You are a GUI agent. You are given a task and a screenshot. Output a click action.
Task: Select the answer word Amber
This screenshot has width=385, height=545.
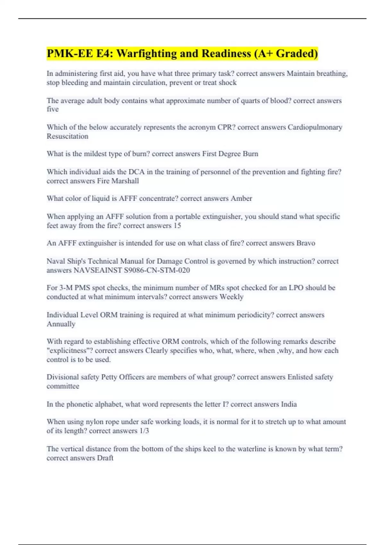pos(241,198)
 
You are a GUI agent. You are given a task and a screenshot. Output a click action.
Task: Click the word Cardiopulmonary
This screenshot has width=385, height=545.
pos(315,127)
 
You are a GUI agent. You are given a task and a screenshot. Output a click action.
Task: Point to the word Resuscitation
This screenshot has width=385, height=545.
pos(67,136)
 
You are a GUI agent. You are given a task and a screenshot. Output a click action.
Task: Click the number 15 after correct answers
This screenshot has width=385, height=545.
pos(177,226)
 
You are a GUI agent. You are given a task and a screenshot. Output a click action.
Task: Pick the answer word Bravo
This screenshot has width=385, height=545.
pos(306,243)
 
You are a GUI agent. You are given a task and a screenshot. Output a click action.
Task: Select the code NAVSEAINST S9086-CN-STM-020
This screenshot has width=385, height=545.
pos(132,270)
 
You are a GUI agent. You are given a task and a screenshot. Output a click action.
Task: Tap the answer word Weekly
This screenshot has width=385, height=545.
pos(231,297)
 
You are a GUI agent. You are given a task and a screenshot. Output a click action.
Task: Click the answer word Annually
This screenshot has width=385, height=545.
pos(61,324)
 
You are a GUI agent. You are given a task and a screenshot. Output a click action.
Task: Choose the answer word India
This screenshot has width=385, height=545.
pos(289,404)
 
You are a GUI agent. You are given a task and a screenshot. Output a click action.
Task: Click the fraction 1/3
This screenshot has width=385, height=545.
pos(144,431)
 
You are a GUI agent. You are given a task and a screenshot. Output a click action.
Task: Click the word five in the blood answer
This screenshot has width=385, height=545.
pos(53,109)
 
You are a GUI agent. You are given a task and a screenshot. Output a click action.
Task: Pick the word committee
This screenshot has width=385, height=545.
pos(63,386)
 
